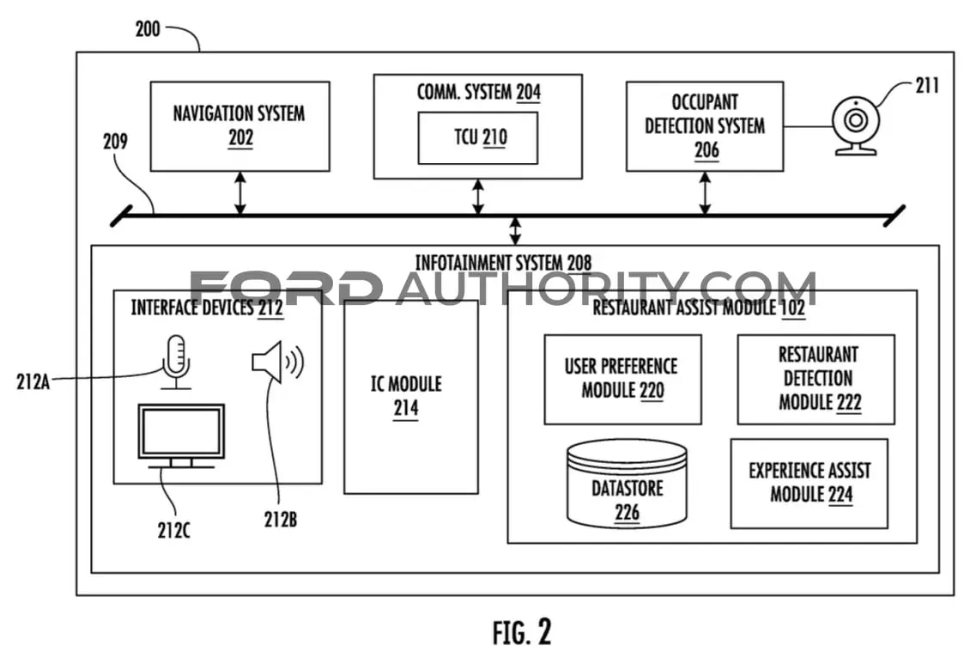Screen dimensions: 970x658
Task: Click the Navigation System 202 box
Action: click(x=240, y=126)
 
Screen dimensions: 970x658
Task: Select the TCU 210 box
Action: click(x=478, y=138)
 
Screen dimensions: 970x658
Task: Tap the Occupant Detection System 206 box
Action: click(x=705, y=126)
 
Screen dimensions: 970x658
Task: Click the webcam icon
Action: click(x=856, y=126)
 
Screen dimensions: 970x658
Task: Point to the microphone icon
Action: click(x=176, y=363)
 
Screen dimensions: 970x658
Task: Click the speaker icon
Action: click(x=278, y=362)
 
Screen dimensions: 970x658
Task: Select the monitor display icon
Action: click(x=181, y=436)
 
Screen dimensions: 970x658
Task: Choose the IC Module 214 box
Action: click(x=411, y=397)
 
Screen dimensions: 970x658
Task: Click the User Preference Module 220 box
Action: click(x=623, y=380)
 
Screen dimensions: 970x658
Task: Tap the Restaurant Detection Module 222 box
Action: click(x=816, y=380)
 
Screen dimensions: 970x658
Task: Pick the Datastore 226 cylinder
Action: click(x=627, y=484)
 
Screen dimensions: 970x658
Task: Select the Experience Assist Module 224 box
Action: click(x=809, y=484)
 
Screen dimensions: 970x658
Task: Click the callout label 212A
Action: click(x=33, y=382)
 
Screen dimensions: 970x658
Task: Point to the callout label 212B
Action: click(x=280, y=520)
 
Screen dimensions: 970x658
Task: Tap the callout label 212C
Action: click(x=174, y=531)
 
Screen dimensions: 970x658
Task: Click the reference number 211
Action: click(x=927, y=85)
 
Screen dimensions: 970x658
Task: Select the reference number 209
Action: click(x=115, y=142)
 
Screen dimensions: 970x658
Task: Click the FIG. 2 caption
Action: click(x=522, y=632)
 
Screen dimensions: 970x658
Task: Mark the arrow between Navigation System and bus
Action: click(x=240, y=193)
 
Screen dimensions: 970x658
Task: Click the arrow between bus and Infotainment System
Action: click(x=515, y=231)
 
